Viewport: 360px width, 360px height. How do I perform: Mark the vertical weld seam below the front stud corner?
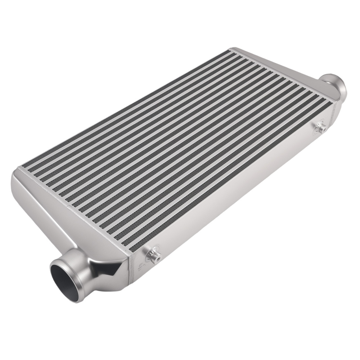tap(128, 270)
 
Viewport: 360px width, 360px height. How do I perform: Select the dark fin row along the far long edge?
tap(126, 108)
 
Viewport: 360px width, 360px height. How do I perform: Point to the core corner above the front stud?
tap(124, 245)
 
